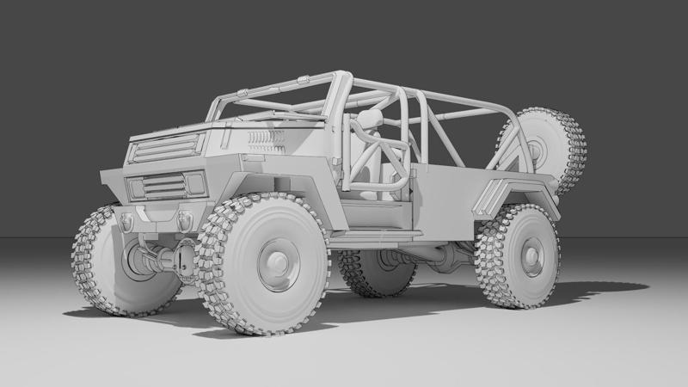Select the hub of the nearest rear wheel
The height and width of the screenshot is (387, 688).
[x=531, y=255]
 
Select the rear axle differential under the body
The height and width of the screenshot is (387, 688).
[x=447, y=255]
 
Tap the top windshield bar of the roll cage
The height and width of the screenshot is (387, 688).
[x=275, y=87]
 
